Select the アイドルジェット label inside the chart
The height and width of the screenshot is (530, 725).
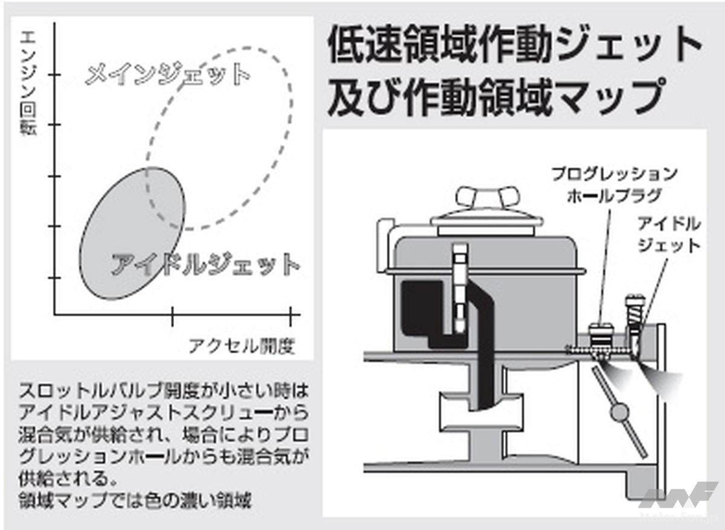coord(205,265)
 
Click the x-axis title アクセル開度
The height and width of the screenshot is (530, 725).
coord(242,346)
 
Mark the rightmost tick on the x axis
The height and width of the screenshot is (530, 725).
coord(291,314)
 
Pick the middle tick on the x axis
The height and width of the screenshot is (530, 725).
coord(173,314)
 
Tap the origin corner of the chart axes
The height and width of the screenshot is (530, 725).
coord(55,314)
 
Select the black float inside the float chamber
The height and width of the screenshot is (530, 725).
coord(423,315)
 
